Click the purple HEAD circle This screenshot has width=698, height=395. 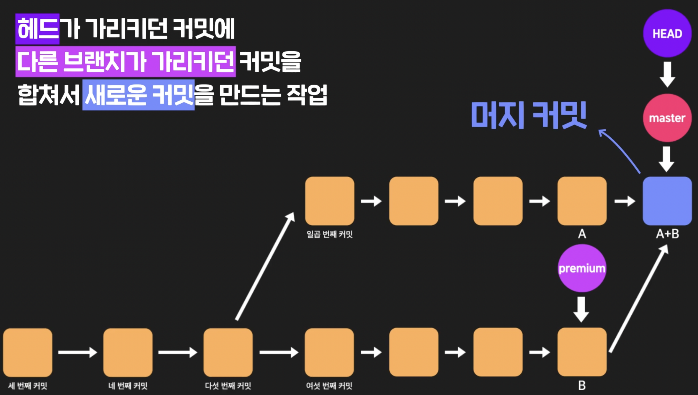667,33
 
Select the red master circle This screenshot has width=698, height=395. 667,118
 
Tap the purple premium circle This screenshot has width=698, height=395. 582,268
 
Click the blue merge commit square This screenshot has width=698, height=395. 667,201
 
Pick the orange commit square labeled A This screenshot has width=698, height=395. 582,201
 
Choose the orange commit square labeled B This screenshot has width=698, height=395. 582,352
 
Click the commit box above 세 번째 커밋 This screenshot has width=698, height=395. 28,352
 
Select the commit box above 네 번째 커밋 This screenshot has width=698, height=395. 128,352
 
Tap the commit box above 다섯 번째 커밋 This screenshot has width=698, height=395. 228,352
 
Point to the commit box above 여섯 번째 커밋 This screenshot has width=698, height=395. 329,352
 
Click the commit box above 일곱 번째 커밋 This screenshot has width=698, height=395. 329,201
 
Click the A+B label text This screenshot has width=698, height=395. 667,234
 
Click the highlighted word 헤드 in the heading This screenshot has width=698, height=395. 37,29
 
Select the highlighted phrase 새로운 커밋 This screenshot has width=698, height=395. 138,95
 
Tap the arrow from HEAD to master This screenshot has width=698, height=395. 667,74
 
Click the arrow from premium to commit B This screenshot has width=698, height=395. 581,309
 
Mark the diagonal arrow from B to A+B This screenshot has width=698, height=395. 638,298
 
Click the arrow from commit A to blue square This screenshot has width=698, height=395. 625,201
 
